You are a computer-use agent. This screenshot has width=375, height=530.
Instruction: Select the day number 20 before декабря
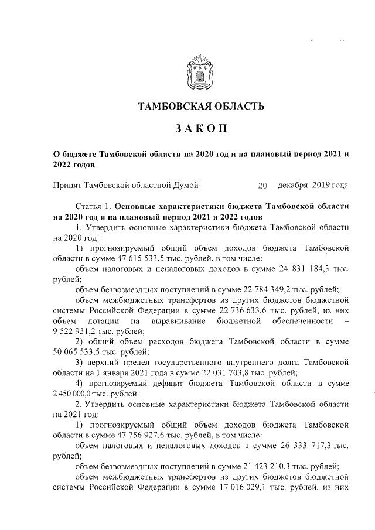point(262,186)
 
